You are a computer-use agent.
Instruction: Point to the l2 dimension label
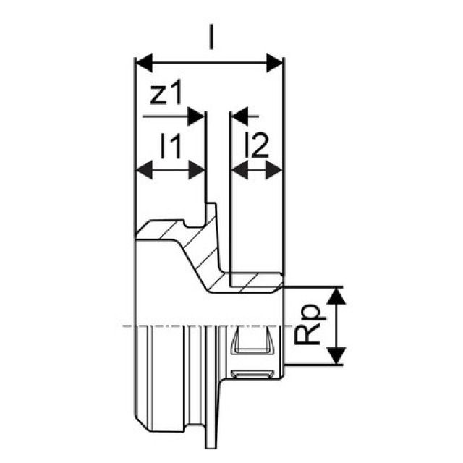[257, 147]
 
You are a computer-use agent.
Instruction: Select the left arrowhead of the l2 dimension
[237, 171]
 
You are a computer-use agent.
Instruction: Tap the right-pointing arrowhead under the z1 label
[196, 114]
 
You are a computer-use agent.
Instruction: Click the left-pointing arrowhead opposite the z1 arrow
[239, 114]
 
